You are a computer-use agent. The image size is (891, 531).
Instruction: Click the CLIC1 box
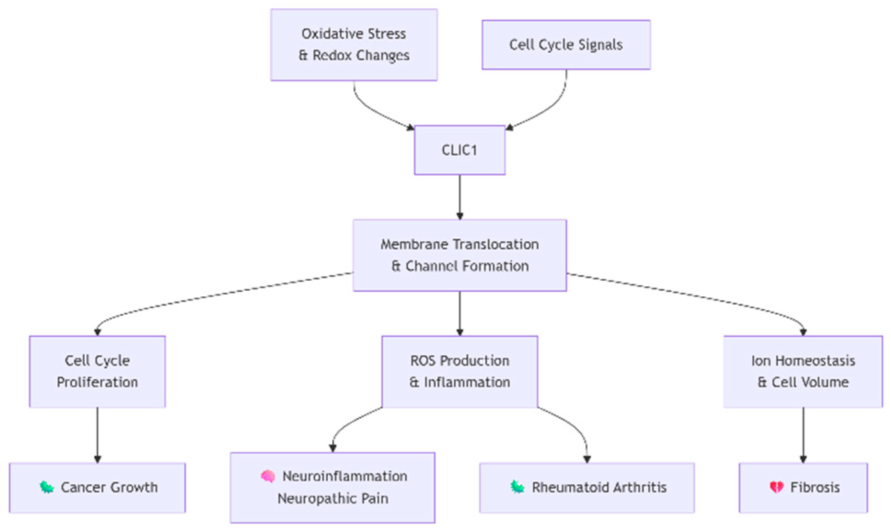coord(459,150)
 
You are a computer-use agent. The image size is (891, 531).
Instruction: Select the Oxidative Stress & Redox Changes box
coord(353,45)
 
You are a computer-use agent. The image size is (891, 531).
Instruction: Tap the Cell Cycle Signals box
coord(566,45)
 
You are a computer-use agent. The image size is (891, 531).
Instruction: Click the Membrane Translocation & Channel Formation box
coord(459,255)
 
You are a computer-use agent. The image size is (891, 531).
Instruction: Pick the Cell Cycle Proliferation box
coord(97,371)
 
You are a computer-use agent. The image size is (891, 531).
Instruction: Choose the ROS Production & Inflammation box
coord(459,371)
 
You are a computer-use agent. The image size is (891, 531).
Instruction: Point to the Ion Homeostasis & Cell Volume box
coord(803,371)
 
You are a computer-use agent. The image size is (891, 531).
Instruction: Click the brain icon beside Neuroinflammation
coord(268,476)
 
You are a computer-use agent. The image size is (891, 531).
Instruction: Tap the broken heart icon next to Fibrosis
coord(776,487)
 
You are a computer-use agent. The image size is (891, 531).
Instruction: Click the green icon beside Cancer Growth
coord(46,487)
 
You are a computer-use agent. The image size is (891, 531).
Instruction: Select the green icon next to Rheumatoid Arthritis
coord(517,487)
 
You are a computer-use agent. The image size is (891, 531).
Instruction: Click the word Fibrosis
coord(815,487)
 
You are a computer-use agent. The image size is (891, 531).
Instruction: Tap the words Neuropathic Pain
coord(333,498)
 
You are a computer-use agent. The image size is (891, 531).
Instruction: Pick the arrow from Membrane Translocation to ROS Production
coord(459,313)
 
